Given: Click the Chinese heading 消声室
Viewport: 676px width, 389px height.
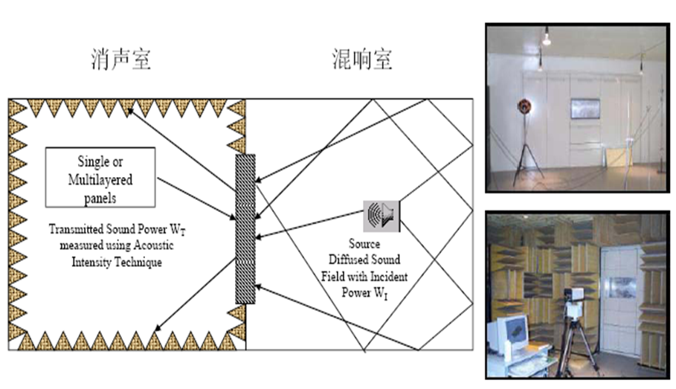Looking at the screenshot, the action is tap(121, 59).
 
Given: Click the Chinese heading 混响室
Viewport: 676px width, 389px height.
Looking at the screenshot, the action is tap(362, 59).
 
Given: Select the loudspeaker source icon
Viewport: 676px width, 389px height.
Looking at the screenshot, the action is tap(382, 216).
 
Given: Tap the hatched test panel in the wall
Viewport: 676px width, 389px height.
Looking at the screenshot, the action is tap(245, 229).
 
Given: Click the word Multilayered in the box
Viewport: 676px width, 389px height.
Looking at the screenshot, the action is tap(100, 179).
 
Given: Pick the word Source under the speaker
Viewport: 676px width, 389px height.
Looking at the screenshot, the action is tap(364, 244).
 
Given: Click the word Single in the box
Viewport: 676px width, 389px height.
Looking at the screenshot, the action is tap(88, 161).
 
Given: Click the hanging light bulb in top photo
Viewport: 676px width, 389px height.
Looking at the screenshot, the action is tap(547, 37).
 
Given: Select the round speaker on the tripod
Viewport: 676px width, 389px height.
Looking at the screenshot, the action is tap(524, 106).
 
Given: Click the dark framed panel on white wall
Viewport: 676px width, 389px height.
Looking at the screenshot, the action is tap(585, 109).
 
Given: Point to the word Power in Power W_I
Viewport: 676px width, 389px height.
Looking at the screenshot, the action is tap(356, 292).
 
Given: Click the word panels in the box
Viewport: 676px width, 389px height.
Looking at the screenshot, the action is tap(100, 198).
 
